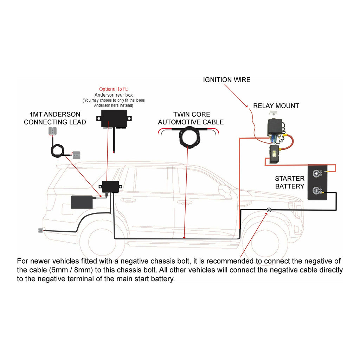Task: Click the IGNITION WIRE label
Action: coord(227,80)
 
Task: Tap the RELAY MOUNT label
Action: coord(276,106)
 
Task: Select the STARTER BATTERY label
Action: coord(290,182)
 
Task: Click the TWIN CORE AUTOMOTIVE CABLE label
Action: coord(191,118)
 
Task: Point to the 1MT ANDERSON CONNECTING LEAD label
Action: coord(55,118)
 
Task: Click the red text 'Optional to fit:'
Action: coord(113,89)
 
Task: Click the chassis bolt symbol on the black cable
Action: coord(269,210)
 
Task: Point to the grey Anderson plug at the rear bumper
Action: coord(41,231)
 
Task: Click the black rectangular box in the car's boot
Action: coord(82,202)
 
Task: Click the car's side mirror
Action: coord(224,191)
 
